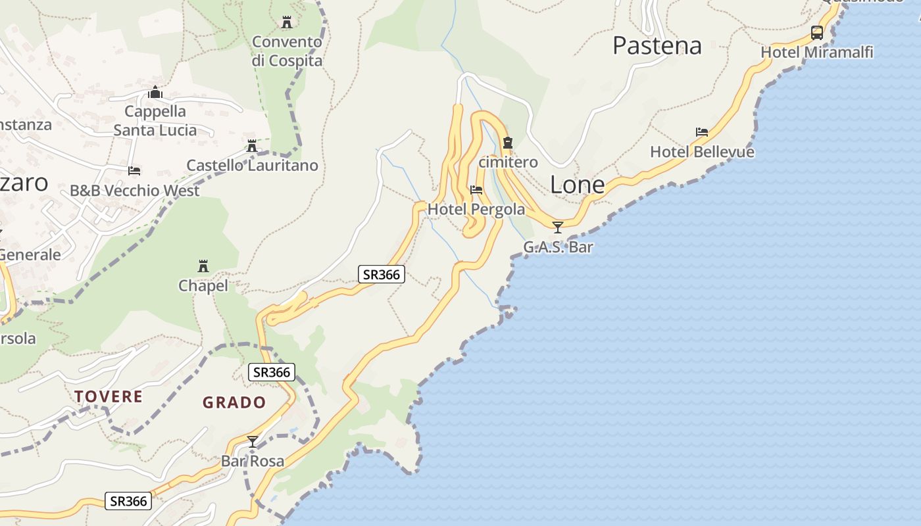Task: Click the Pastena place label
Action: coord(657,45)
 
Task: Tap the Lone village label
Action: coord(577,185)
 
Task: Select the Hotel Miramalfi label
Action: coord(816,52)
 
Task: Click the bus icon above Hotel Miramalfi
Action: coord(816,33)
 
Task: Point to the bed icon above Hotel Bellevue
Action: coord(702,132)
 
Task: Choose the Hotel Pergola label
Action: coord(476,209)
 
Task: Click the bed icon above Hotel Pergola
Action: coord(476,190)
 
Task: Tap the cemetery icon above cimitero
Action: coord(507,143)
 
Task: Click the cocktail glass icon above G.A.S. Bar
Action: coord(558,227)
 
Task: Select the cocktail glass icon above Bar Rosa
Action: coord(252,441)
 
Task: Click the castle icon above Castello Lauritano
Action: coord(251,146)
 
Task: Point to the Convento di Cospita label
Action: coord(287,51)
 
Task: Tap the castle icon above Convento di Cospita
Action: coord(286,22)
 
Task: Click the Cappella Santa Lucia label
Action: coord(155,120)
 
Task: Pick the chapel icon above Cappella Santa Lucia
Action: coord(155,92)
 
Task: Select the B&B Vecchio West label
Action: coord(134,191)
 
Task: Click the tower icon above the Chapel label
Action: coord(203,266)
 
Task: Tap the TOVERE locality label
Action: coord(108,396)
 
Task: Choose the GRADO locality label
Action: coord(234,402)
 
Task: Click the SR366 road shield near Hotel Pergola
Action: coord(381,274)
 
